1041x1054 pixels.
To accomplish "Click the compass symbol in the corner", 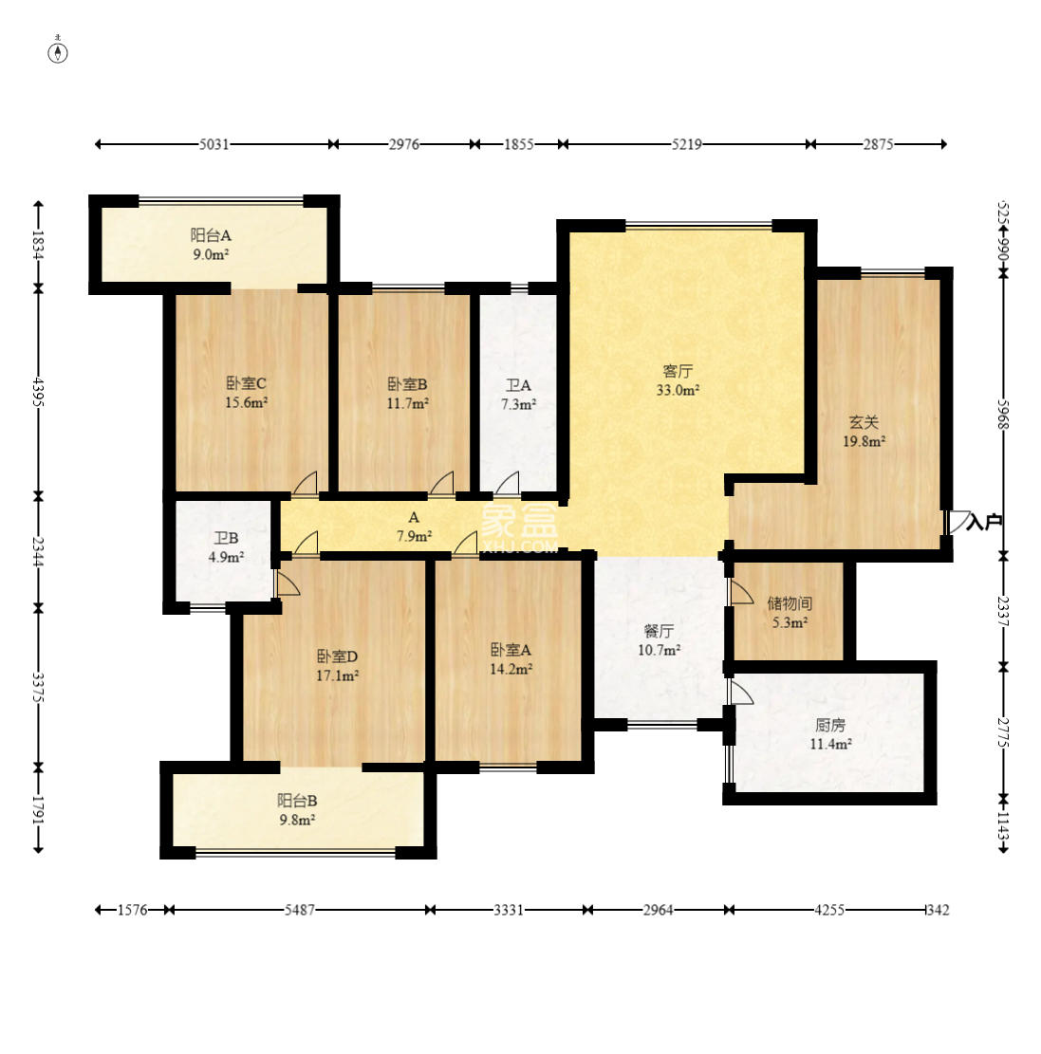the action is [59, 52].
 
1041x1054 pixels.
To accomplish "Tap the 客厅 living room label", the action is [678, 370].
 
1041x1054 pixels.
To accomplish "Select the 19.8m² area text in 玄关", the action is [864, 441].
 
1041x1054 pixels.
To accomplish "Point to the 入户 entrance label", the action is [984, 523].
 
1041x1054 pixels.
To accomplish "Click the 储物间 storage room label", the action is [790, 603].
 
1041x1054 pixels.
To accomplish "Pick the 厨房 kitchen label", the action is [830, 725].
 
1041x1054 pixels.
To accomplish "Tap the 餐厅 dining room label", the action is [659, 631].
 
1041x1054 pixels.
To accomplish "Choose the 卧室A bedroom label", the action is [511, 649].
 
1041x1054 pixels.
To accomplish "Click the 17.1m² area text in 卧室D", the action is [337, 675].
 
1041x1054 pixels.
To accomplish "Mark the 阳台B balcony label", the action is [297, 801].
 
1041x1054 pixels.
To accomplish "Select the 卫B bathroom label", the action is [226, 538].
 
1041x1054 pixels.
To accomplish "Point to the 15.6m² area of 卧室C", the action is [246, 402].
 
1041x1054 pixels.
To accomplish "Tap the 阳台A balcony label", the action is [212, 235].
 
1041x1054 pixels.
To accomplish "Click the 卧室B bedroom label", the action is [407, 384].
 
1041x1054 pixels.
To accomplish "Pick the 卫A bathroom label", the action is [518, 385].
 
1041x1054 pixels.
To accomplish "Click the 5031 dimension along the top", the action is [214, 144].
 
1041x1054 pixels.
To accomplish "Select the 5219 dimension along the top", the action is [687, 144].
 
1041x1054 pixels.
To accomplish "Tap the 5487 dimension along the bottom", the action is [299, 910].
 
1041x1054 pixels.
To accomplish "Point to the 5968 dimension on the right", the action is [1003, 414].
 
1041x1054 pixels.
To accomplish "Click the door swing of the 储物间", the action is [742, 592].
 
